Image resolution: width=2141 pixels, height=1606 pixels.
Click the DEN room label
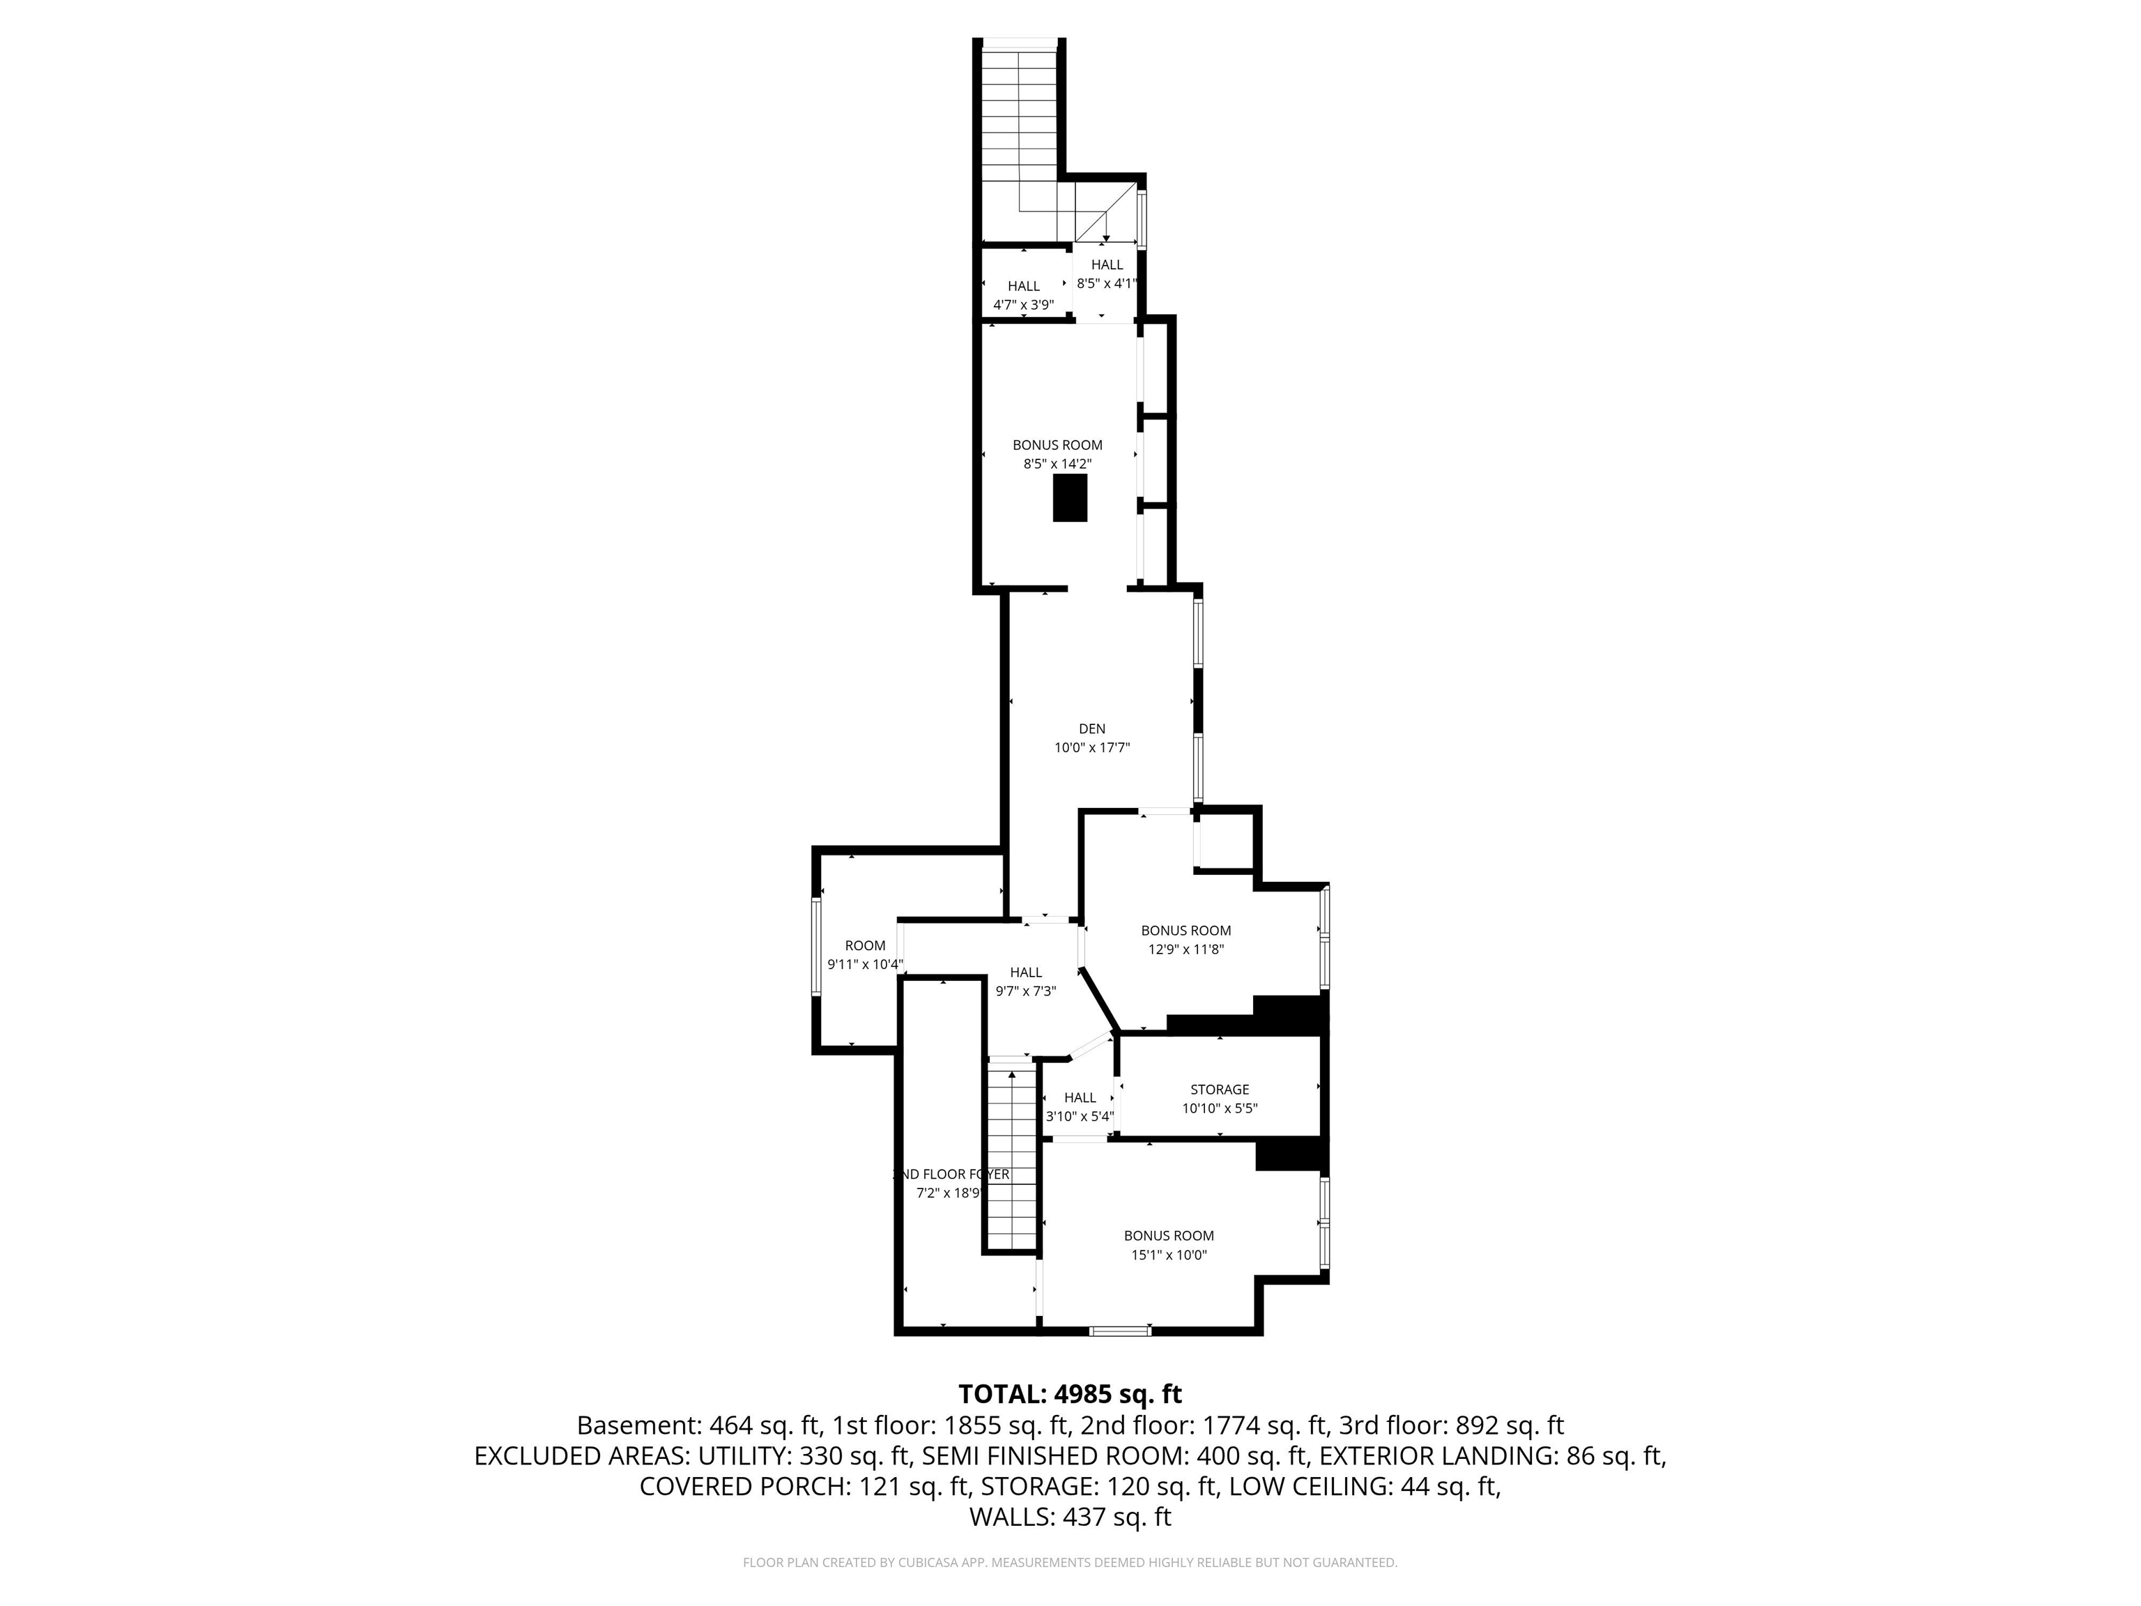(1092, 729)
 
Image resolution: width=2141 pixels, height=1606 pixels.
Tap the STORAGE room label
(1220, 1089)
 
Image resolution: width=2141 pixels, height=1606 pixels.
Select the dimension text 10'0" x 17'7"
(1092, 747)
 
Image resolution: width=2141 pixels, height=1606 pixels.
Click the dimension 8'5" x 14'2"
(1057, 464)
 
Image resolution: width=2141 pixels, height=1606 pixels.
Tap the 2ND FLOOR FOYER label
(951, 1175)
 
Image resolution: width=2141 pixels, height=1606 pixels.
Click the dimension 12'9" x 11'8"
(1185, 949)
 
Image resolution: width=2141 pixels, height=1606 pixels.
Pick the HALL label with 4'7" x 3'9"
(1023, 286)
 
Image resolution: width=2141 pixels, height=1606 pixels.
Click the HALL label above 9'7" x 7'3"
(1026, 972)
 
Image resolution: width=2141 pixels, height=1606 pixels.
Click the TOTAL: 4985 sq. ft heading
(1070, 1394)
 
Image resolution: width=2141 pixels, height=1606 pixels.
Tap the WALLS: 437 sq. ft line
(1070, 1517)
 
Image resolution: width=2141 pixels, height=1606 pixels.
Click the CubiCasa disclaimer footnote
(1070, 1563)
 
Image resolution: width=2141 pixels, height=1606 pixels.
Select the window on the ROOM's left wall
(816, 946)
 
